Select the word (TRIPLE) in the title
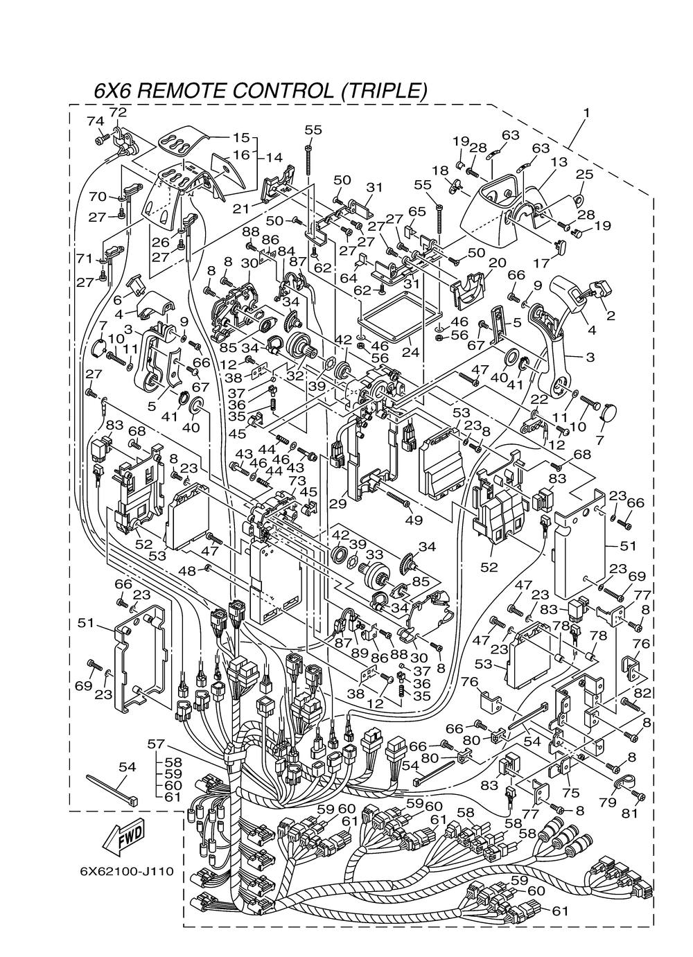[385, 91]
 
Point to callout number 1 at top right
[586, 113]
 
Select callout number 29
[339, 504]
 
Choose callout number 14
[274, 157]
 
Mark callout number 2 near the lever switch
[611, 315]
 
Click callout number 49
[414, 520]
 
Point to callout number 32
[295, 376]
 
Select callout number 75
[571, 793]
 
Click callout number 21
[241, 209]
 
